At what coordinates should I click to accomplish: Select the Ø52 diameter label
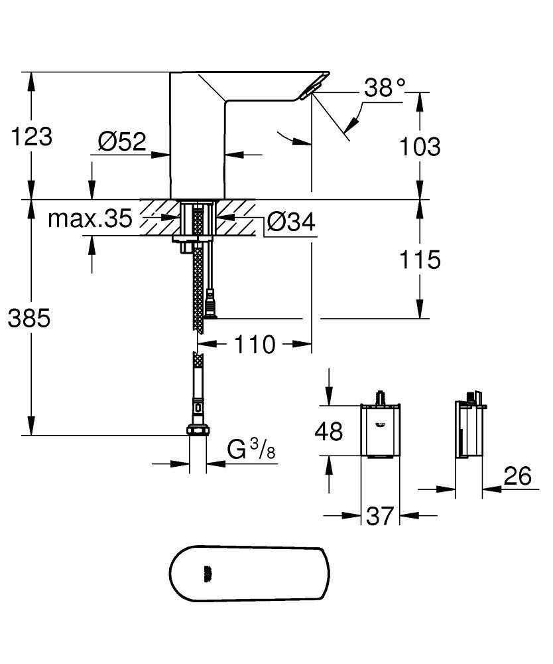(121, 141)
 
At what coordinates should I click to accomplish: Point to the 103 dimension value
(420, 146)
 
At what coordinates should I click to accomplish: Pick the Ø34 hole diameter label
(291, 224)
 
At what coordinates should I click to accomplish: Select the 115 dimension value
(420, 260)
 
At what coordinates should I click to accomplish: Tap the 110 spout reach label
(254, 345)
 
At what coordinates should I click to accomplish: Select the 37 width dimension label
(380, 515)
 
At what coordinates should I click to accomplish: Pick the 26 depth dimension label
(517, 476)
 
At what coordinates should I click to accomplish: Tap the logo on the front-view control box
(381, 424)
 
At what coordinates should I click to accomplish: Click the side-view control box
(468, 429)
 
